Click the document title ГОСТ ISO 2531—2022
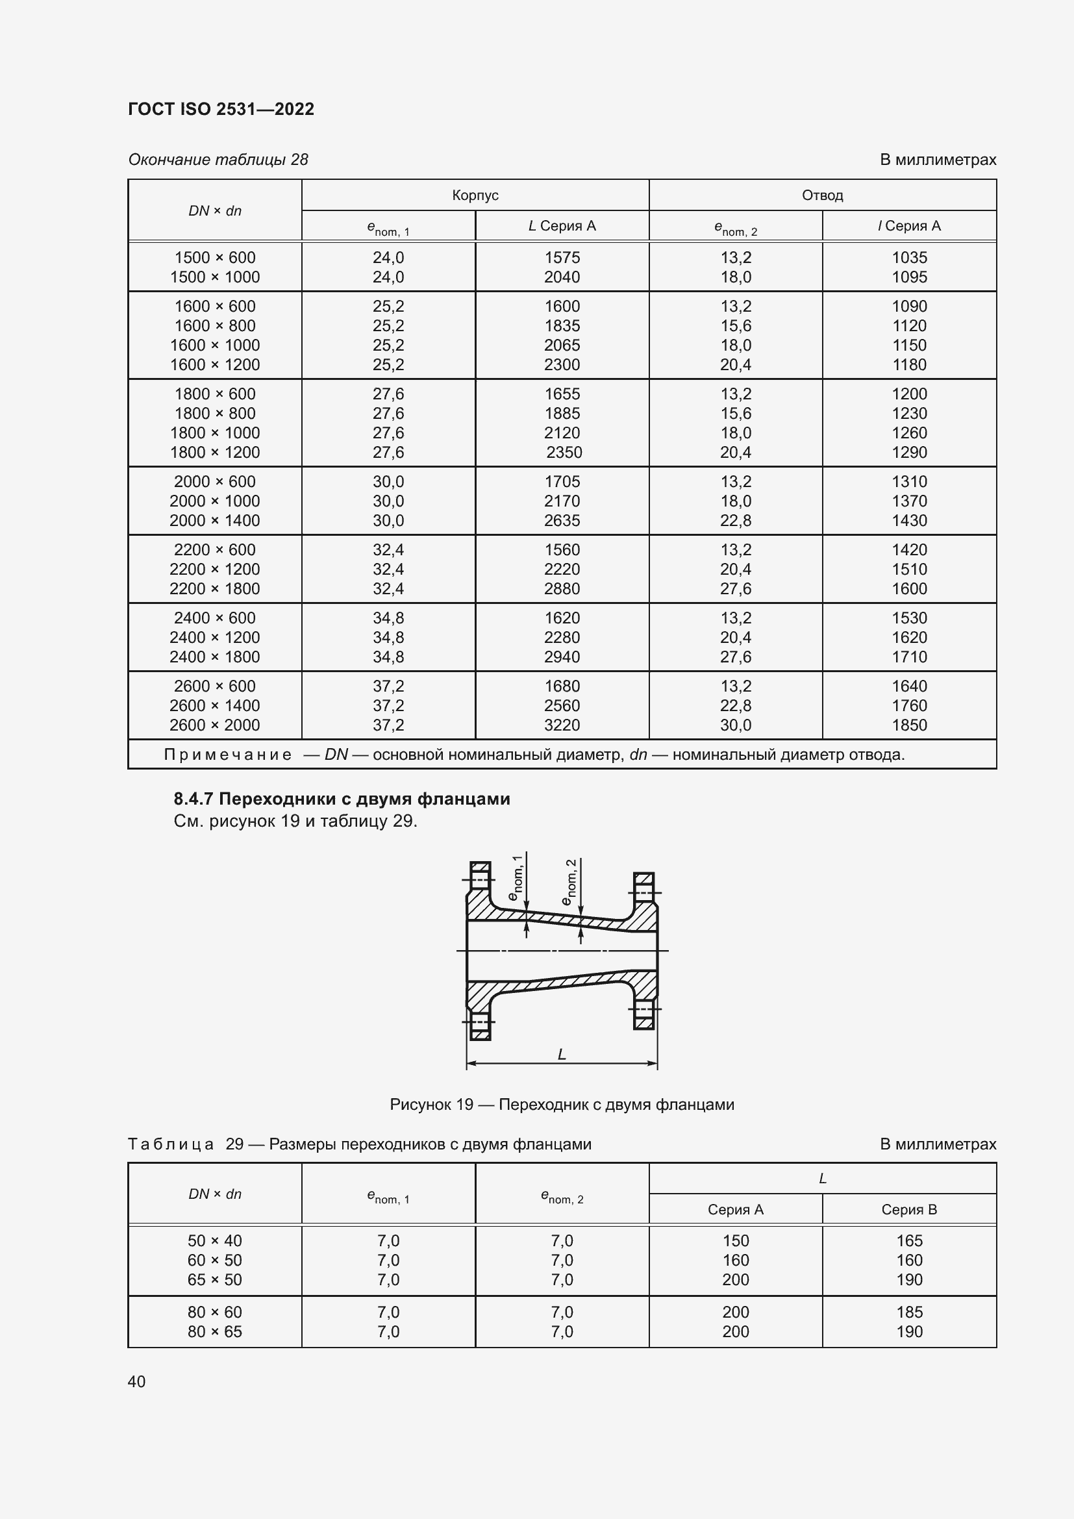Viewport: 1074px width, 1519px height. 221,109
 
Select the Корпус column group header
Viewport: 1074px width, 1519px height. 475,195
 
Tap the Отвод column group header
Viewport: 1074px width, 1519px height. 822,195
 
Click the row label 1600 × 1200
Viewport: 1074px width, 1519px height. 215,364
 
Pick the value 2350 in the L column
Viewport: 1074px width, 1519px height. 564,453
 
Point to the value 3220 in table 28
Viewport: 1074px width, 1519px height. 562,725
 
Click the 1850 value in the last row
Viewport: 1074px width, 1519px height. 908,725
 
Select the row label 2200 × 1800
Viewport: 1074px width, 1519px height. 215,589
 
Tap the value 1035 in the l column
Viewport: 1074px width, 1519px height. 908,257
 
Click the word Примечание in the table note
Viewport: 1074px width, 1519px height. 227,755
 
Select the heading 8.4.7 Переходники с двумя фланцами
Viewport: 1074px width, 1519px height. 342,799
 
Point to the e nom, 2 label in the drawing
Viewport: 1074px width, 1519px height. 569,882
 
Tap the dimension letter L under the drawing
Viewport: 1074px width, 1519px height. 562,1054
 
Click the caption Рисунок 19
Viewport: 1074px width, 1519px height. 431,1105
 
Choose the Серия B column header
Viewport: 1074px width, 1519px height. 908,1209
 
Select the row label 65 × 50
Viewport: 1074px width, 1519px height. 215,1279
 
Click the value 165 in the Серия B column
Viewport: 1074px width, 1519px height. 908,1240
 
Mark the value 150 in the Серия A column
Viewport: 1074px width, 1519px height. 736,1240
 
